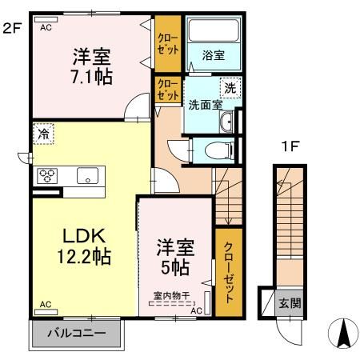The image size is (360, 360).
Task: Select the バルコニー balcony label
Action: (75, 333)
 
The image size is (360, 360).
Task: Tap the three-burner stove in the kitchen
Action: (45, 175)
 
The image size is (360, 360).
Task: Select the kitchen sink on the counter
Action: (86, 175)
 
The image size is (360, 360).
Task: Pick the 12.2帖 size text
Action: (82, 258)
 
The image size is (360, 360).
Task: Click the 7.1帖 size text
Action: (92, 77)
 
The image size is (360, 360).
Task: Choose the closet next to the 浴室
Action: (168, 42)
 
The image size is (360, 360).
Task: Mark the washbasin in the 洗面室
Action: (226, 122)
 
